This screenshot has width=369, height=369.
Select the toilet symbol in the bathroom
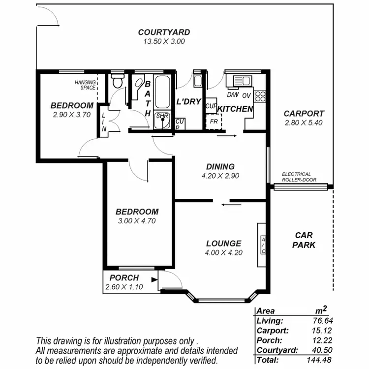(117, 82)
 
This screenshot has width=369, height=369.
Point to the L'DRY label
(189, 102)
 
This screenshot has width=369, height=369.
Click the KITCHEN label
(235, 109)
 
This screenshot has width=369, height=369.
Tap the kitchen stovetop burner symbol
(261, 96)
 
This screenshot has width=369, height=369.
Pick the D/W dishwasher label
(232, 94)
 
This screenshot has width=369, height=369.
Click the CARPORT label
(304, 114)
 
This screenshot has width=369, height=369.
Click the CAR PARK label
(303, 240)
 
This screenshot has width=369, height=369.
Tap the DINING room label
(220, 167)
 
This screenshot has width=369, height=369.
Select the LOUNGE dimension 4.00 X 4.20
(224, 253)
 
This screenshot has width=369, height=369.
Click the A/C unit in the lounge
(263, 246)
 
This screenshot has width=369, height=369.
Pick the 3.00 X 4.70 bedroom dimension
(137, 221)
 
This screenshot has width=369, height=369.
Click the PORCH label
(124, 278)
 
